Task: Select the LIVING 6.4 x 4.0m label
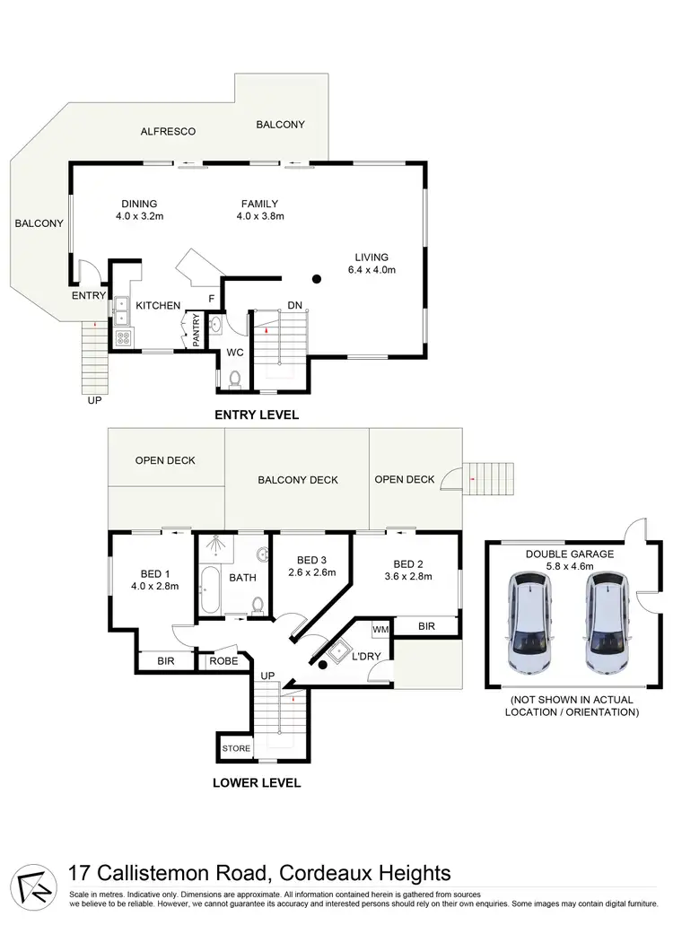(x=371, y=263)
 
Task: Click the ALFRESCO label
(x=168, y=131)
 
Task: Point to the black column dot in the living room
(x=316, y=279)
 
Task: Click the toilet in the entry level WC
(x=235, y=379)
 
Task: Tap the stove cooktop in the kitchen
(x=123, y=338)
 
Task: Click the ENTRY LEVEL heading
(x=256, y=415)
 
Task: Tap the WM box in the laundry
(x=380, y=630)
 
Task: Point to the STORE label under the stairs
(x=237, y=746)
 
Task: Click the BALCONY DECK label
(x=298, y=480)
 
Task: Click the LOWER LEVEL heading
(x=256, y=782)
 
